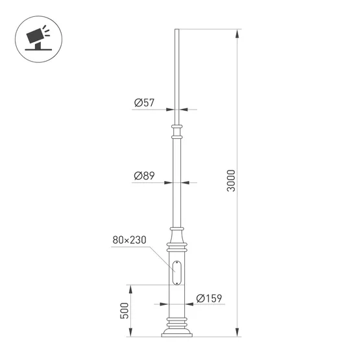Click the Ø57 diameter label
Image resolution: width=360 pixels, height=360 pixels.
pos(143,102)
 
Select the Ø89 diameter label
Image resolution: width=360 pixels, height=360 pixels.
pos(143,176)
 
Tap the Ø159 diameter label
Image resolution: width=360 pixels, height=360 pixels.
pos(209,298)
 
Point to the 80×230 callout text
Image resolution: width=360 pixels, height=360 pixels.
pos(129,240)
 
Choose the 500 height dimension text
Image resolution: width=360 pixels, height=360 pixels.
pos(124,311)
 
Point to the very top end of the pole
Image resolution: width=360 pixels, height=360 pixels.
pos(176,30)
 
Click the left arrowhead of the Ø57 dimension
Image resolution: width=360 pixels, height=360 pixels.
pos(172,109)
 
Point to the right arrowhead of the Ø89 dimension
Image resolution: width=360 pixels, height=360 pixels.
pos(184,182)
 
